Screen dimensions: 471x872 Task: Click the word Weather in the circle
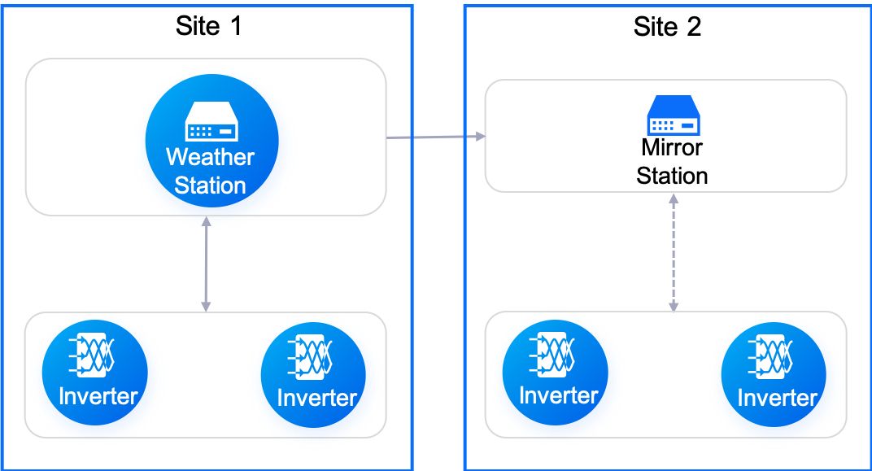(211, 157)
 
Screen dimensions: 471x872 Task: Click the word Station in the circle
(211, 185)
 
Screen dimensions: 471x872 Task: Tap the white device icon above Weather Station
(211, 121)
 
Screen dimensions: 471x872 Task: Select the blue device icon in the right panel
(674, 116)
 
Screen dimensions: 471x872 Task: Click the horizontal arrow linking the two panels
(435, 137)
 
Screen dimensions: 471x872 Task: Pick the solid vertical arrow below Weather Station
(207, 264)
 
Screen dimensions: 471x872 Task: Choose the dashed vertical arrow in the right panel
(674, 252)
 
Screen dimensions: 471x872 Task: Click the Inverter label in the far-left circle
(98, 397)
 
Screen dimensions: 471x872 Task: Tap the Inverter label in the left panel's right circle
(316, 399)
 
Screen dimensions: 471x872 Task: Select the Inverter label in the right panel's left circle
(559, 396)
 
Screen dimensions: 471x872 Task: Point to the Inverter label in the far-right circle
(777, 399)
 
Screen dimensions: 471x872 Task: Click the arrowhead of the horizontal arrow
(479, 137)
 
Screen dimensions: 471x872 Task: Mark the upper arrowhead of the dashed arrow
(674, 198)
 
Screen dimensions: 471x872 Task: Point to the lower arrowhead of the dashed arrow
(674, 307)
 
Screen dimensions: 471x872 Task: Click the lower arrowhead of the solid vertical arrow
(206, 307)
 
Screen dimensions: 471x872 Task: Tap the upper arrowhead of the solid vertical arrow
(207, 221)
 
